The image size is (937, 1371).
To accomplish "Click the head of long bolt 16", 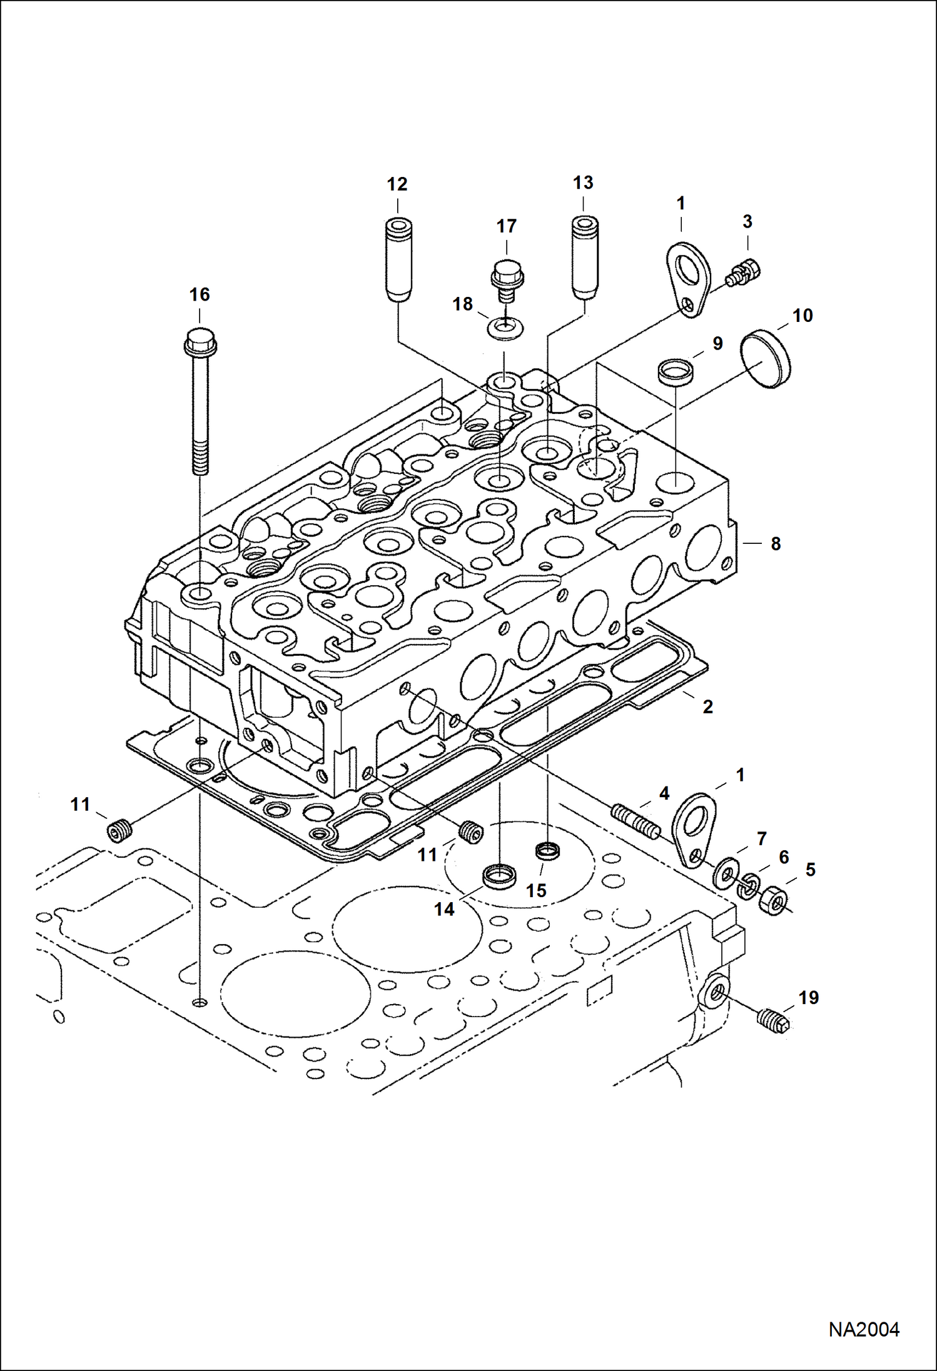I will pos(200,341).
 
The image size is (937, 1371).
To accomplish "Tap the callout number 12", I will pos(397,184).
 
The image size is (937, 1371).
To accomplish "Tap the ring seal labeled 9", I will pos(676,370).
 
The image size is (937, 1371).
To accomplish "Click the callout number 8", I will pos(776,544).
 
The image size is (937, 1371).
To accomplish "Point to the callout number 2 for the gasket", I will pos(707,707).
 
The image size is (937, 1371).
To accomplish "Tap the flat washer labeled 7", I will pos(726,873).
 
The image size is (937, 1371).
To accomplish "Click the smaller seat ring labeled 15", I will pos(547,851).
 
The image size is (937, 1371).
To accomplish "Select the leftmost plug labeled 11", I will pos(119,832).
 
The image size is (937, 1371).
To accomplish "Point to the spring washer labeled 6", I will pos(749,886).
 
